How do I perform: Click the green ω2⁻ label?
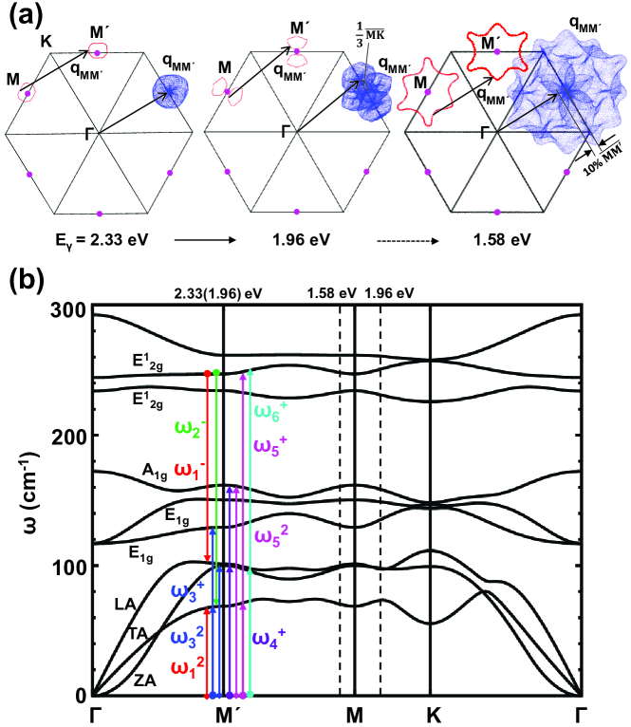186,422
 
